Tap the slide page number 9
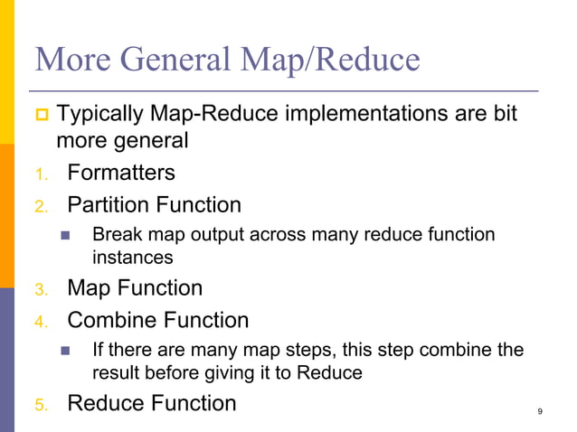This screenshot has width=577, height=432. (x=540, y=412)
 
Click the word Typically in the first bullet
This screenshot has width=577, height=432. (x=99, y=116)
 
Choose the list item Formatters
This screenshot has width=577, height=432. (x=121, y=172)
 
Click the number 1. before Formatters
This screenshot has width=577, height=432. (x=41, y=174)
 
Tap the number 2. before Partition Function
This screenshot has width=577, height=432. (x=41, y=206)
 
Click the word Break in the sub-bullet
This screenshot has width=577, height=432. (x=115, y=235)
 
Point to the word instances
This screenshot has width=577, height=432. (x=132, y=257)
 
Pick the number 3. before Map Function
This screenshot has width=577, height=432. (x=41, y=290)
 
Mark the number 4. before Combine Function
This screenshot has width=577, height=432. (x=41, y=322)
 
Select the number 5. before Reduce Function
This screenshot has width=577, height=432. (x=41, y=405)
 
